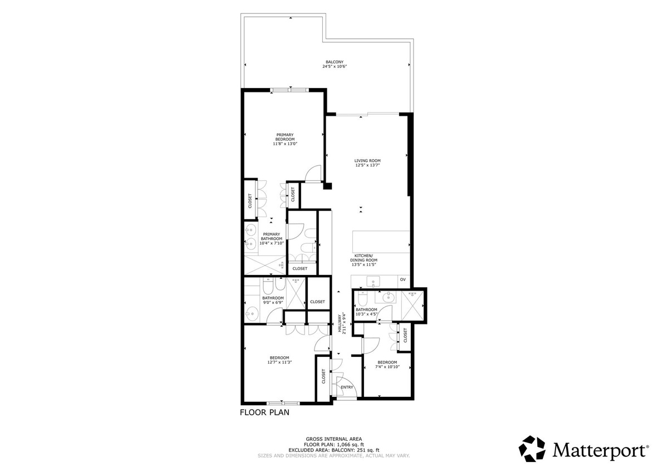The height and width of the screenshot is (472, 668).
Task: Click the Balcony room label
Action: click(x=335, y=62)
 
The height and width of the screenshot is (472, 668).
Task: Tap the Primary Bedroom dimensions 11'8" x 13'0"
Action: click(x=285, y=144)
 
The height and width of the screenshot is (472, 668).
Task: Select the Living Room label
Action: click(x=367, y=161)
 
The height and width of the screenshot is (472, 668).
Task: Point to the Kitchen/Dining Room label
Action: click(x=364, y=258)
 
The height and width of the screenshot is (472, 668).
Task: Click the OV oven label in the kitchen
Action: click(x=403, y=279)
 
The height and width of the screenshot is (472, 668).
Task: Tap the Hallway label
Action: click(x=340, y=323)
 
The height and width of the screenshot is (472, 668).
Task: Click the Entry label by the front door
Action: click(x=347, y=387)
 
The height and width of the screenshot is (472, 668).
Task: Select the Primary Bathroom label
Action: click(x=272, y=237)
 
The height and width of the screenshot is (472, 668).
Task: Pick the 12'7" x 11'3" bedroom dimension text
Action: click(x=279, y=362)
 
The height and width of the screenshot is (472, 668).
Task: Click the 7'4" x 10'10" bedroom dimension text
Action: click(x=387, y=367)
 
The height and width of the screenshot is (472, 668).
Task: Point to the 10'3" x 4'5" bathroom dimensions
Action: click(x=366, y=314)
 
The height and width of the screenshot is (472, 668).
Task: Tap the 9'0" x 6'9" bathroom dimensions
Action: click(x=273, y=302)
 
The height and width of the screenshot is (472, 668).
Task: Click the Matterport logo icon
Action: click(x=532, y=449)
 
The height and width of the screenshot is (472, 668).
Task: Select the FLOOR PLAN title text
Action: click(x=264, y=412)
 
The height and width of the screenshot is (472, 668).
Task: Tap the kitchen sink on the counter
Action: click(x=373, y=281)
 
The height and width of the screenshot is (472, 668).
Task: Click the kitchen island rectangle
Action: click(x=381, y=242)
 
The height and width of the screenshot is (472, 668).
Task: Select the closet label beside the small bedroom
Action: click(x=405, y=335)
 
